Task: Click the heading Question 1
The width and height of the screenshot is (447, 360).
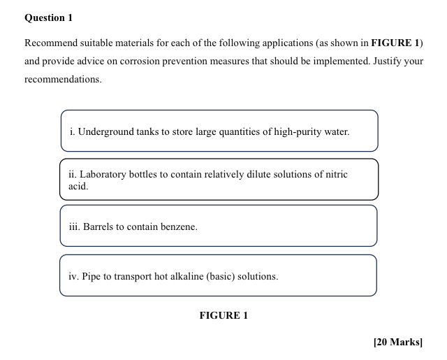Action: [48, 17]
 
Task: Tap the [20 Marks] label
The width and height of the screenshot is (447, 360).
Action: [398, 342]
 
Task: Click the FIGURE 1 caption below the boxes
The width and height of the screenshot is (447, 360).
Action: [223, 315]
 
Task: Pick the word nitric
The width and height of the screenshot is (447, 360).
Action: [333, 174]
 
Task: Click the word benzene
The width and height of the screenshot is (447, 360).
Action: [179, 227]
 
